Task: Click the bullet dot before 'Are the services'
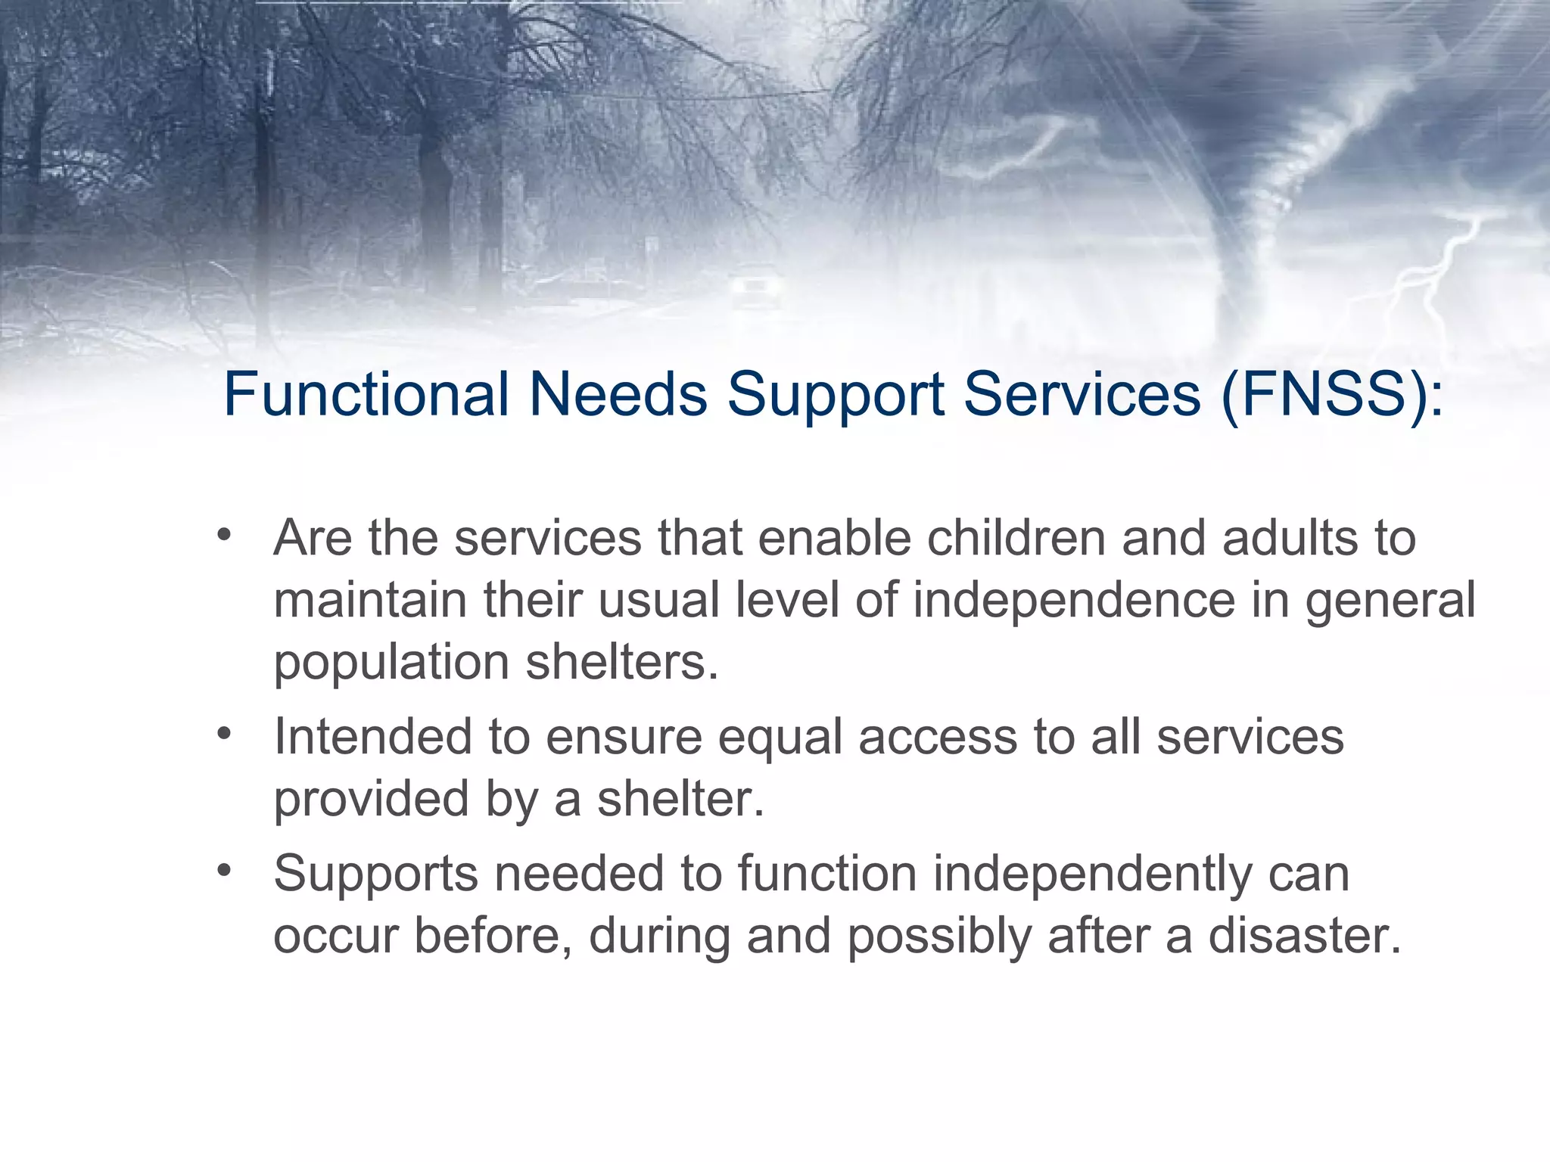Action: (x=223, y=535)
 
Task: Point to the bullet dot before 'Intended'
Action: (x=223, y=733)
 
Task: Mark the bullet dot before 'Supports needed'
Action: (x=223, y=871)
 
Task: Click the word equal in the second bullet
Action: (x=780, y=738)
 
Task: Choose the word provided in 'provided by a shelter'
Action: (x=371, y=800)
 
